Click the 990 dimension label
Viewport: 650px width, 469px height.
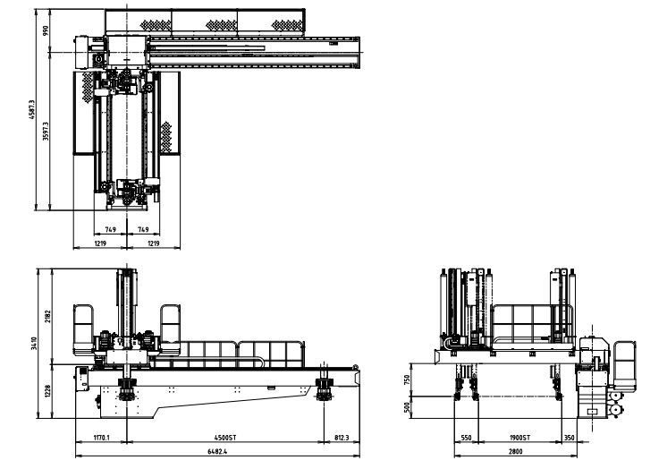(x=46, y=30)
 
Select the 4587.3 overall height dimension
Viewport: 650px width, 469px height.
(x=32, y=109)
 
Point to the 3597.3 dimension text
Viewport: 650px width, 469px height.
(x=46, y=132)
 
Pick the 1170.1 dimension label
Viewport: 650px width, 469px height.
(x=102, y=438)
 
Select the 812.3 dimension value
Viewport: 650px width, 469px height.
(x=342, y=438)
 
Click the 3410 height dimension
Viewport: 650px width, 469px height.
(x=34, y=343)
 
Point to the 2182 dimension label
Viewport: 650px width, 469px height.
(x=47, y=317)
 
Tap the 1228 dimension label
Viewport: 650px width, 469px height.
(x=47, y=391)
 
